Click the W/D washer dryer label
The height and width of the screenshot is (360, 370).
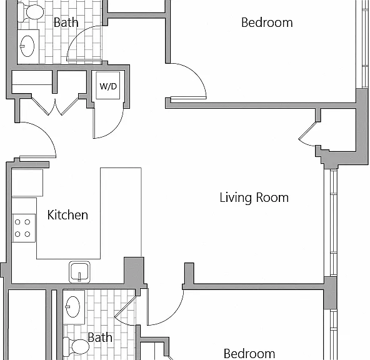click(x=108, y=86)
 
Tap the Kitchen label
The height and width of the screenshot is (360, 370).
click(x=67, y=215)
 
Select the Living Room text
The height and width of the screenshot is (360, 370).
click(x=254, y=197)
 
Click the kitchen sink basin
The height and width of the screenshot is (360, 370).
click(x=79, y=272)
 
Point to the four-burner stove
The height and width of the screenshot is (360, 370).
click(x=24, y=228)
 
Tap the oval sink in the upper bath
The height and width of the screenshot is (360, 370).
click(x=27, y=46)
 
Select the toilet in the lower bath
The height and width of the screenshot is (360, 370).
click(x=76, y=347)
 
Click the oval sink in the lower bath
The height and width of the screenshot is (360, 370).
click(x=72, y=307)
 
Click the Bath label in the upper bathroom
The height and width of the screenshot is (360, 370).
click(x=66, y=22)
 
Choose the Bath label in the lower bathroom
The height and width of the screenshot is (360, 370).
click(x=100, y=337)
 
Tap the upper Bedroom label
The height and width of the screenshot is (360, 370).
click(x=267, y=22)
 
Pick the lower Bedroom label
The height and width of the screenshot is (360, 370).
click(x=249, y=354)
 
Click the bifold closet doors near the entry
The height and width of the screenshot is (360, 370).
click(x=55, y=107)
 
